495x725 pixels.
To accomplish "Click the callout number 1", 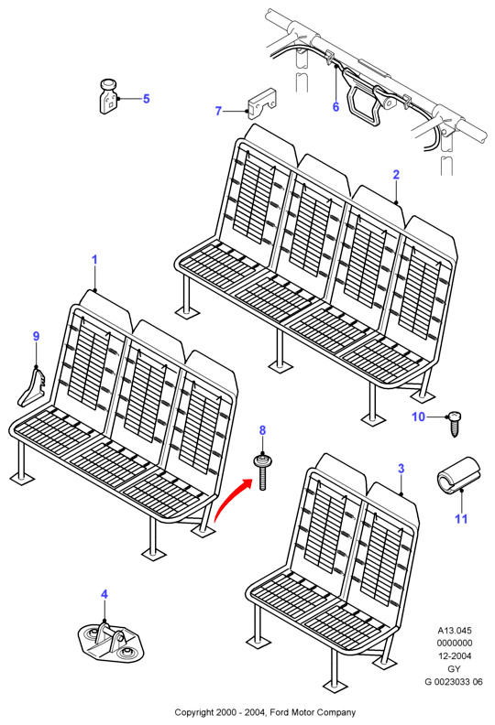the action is point(94,260).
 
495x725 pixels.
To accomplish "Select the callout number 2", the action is point(396,175).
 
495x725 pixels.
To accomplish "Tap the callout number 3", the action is point(401,469).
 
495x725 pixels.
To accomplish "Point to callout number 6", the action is point(335,107).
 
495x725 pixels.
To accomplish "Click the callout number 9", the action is point(36,337).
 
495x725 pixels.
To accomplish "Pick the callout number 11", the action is point(461,519).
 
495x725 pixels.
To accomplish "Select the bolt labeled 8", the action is point(262,472).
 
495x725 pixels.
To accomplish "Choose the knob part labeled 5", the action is point(108,96).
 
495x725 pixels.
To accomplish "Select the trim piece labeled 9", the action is point(32,385).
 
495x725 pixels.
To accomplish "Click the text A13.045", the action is point(455,630).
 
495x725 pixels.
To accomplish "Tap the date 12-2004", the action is point(455,655).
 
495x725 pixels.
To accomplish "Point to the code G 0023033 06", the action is point(454,682).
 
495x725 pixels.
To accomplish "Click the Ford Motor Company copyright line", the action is point(265,712).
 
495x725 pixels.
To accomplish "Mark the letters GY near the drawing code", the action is point(455,668).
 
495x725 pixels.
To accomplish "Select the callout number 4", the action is point(104,594).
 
